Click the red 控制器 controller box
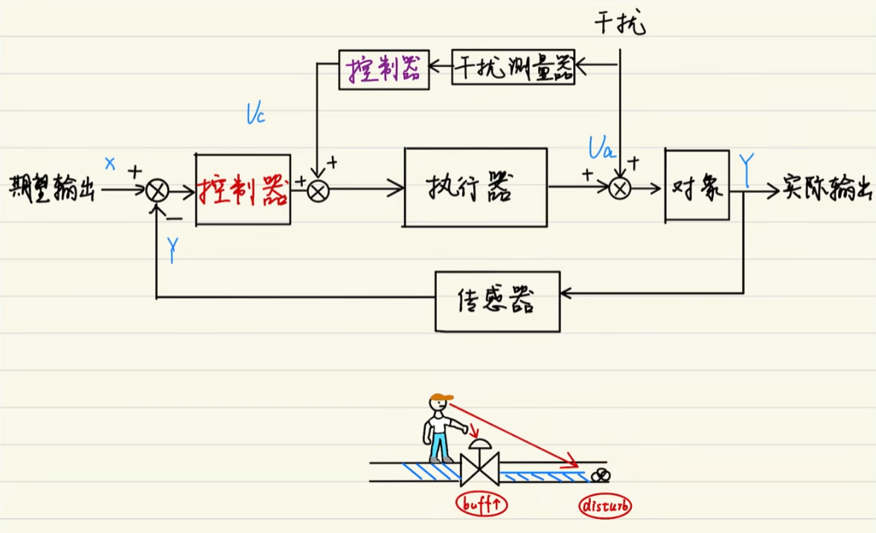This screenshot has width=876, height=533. (x=243, y=189)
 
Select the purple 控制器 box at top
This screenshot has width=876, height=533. (x=384, y=69)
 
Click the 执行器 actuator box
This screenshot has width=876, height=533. (x=476, y=187)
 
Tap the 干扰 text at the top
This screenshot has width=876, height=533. (x=620, y=24)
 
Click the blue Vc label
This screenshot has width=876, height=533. (x=255, y=115)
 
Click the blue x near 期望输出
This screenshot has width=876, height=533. (x=110, y=163)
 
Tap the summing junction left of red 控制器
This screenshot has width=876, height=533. (x=157, y=191)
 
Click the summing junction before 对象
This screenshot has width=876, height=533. (x=620, y=189)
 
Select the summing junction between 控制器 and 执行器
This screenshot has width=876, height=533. (x=318, y=191)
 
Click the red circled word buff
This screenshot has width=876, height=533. (x=481, y=505)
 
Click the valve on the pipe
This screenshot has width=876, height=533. (x=480, y=467)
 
